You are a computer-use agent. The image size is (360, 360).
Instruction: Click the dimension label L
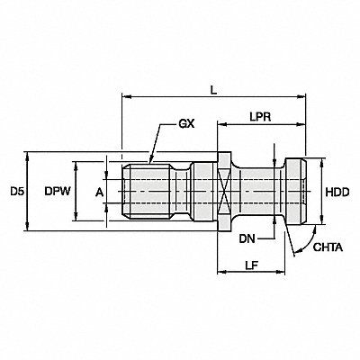[213, 90]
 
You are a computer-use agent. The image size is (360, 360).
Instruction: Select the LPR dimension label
[260, 117]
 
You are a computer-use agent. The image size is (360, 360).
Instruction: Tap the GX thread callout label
[186, 123]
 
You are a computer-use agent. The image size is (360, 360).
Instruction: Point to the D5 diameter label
[17, 192]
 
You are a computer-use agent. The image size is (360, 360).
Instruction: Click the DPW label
[58, 192]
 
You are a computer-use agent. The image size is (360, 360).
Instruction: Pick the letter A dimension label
[99, 193]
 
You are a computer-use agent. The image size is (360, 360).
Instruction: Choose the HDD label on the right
[337, 193]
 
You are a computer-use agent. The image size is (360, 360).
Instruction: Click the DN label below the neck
[247, 238]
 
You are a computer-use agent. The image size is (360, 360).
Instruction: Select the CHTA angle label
[328, 247]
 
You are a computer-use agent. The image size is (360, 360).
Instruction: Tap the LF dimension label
[252, 265]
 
